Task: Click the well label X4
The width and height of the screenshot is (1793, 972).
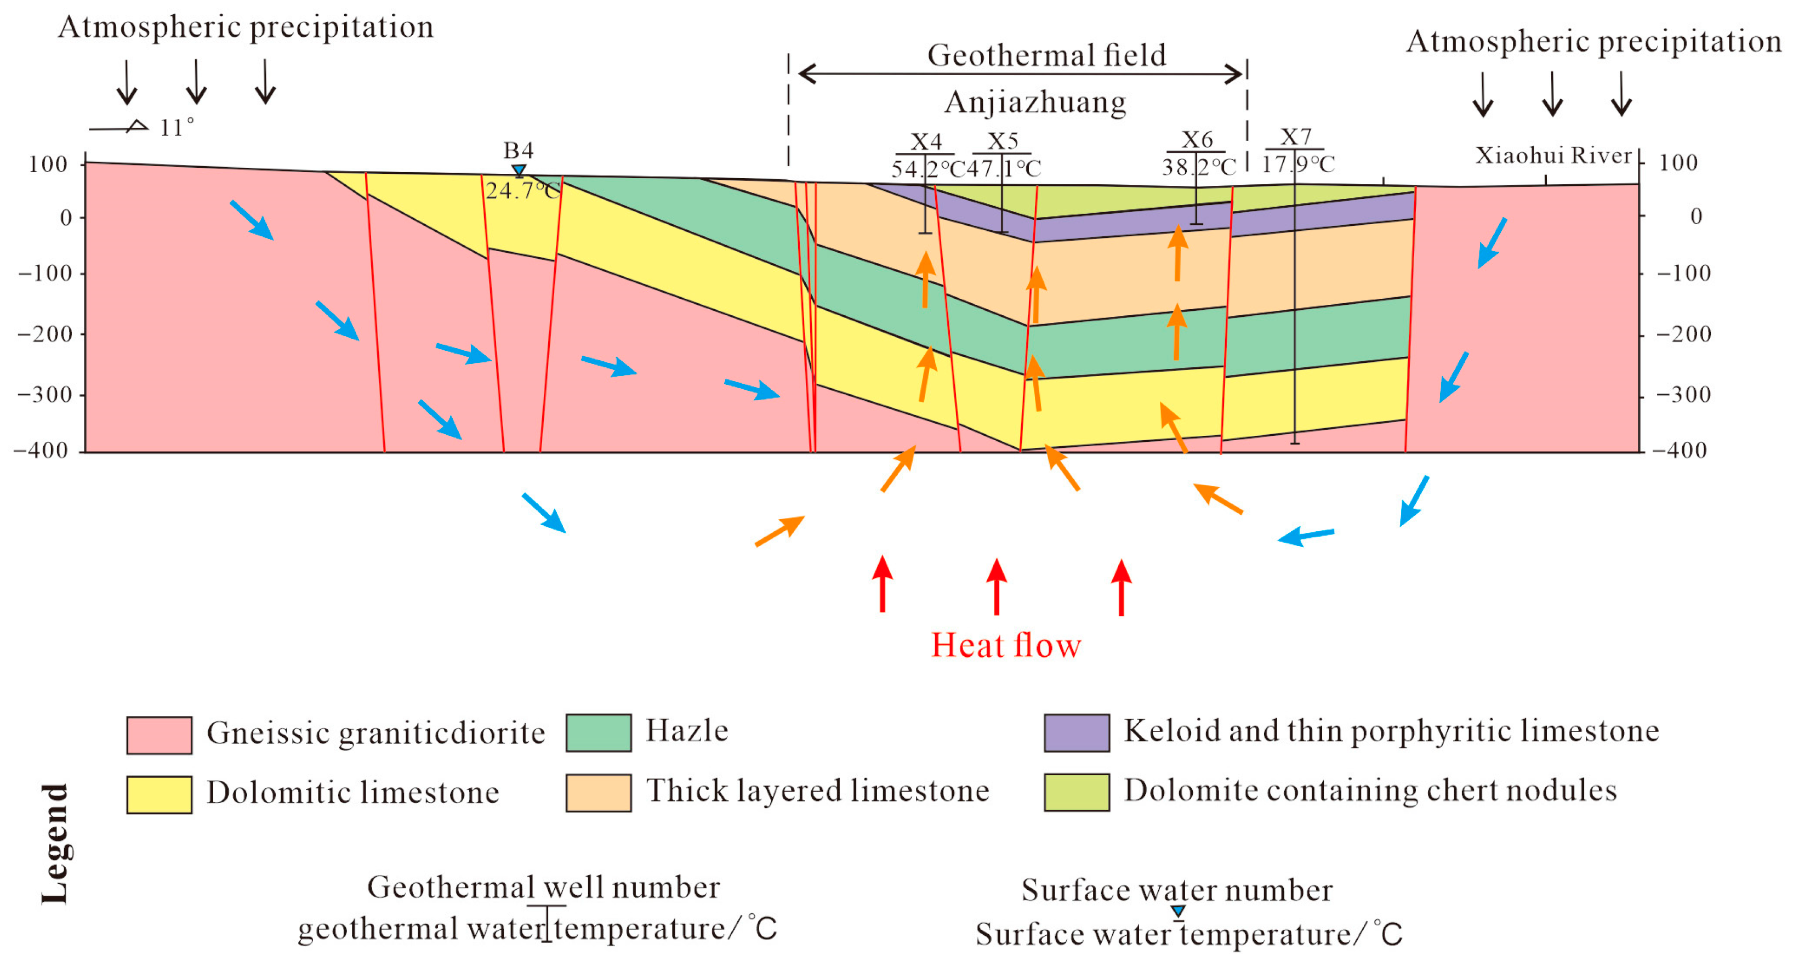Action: coord(926,141)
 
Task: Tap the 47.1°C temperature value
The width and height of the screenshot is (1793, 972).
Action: coord(1004,168)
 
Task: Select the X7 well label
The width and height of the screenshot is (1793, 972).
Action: coord(1295,137)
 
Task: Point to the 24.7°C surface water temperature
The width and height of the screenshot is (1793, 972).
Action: coord(522,190)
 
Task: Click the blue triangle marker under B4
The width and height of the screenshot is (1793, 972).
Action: coord(519,170)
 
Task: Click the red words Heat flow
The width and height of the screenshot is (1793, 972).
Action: coord(1006,645)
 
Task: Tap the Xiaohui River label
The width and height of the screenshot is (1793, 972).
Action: coord(1553,155)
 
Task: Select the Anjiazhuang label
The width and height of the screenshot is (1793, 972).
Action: coord(1035,103)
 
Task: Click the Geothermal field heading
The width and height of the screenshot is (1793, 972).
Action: coord(1046,55)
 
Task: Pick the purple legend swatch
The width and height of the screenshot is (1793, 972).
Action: coord(1076,732)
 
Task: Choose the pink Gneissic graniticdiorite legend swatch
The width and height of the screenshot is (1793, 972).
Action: coord(160,735)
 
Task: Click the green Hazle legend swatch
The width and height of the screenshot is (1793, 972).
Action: coord(599,732)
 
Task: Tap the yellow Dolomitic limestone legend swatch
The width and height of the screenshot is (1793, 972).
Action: coord(160,794)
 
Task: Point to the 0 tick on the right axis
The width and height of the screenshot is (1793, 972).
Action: coord(1696,216)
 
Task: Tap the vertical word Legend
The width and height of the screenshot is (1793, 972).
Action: coord(55,843)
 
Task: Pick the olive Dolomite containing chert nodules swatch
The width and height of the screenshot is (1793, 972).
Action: coord(1076,792)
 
